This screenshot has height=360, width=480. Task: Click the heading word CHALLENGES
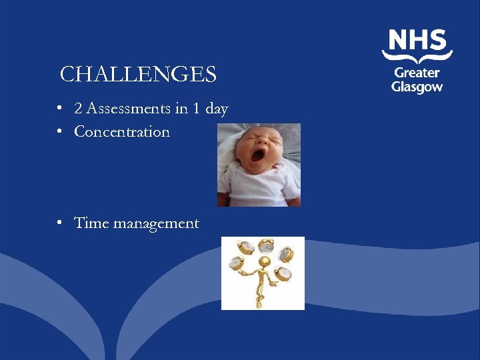[138, 74]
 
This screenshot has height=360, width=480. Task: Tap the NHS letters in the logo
[417, 41]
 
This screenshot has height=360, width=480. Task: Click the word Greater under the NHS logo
[417, 73]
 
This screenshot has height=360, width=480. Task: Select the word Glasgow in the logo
[417, 87]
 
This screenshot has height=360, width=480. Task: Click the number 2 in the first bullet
[78, 109]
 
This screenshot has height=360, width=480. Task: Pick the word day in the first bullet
[217, 109]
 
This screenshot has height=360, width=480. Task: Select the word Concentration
[122, 131]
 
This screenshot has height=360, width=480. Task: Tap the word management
[156, 224]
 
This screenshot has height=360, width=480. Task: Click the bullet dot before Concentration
[60, 132]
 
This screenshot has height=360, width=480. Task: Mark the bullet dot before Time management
[60, 223]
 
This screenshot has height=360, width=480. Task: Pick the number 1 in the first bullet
[196, 109]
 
